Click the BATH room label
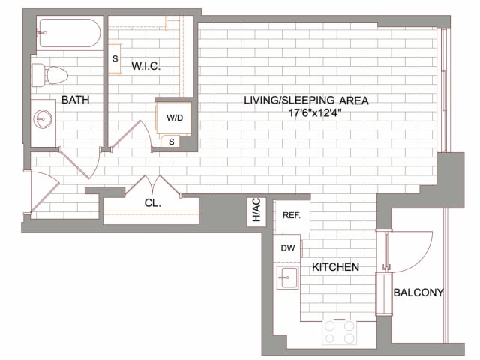pyautogui.click(x=76, y=99)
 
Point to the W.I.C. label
pyautogui.click(x=146, y=67)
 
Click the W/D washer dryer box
pyautogui.click(x=174, y=118)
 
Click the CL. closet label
pyautogui.click(x=152, y=202)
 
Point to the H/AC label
pyautogui.click(x=256, y=211)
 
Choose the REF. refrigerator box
pyautogui.click(x=291, y=215)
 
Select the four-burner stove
pyautogui.click(x=338, y=331)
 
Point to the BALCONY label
pyautogui.click(x=418, y=292)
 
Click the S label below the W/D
pyautogui.click(x=172, y=141)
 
